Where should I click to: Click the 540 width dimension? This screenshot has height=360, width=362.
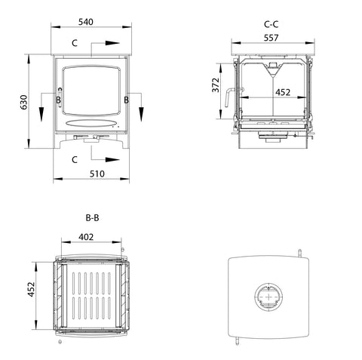86,22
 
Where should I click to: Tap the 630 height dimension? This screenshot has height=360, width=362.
24,102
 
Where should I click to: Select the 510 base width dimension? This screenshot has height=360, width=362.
97,174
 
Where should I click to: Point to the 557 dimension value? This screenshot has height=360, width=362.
271,38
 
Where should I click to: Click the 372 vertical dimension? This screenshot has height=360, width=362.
216,85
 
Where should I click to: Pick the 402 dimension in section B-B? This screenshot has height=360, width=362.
86,237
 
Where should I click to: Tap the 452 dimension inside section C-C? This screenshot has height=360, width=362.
283,93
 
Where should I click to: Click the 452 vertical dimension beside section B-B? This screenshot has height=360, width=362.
31,289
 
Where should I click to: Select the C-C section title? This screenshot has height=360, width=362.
271,24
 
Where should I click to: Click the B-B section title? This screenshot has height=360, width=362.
93,218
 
